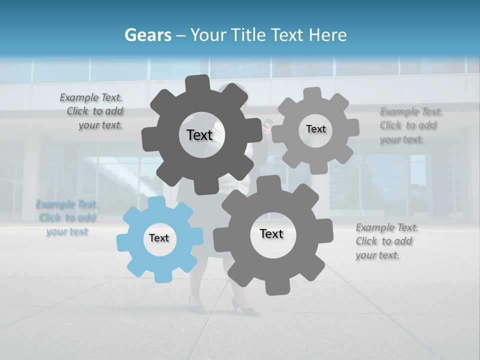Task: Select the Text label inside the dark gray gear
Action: (199, 135)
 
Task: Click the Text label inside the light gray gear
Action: (315, 129)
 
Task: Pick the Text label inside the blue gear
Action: (159, 238)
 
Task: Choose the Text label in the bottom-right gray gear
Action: (271, 233)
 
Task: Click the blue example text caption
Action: (67, 217)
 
